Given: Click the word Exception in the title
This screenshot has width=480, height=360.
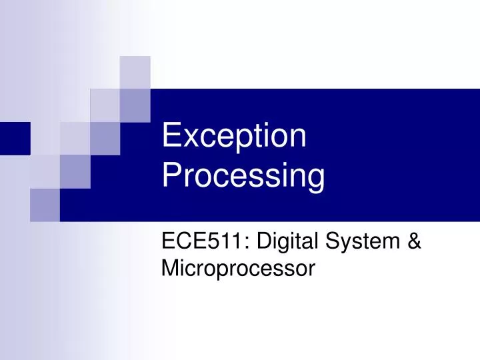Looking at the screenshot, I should point(234,138).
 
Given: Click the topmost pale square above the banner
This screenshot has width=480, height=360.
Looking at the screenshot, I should point(135,72).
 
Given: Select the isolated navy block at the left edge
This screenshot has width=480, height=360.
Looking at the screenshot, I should point(15,139).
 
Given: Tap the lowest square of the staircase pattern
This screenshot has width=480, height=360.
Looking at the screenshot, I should point(45,205).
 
